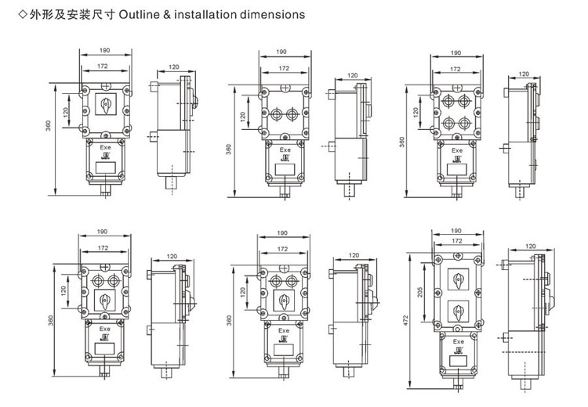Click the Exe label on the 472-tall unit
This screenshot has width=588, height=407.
coord(459,341)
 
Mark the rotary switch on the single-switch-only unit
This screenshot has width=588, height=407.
coord(103,104)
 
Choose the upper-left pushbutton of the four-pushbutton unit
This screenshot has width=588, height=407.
coord(445,101)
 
